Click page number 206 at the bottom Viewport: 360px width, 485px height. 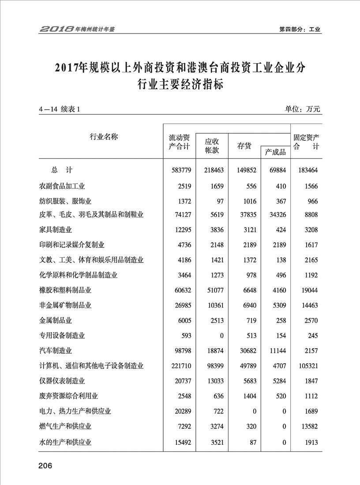[45, 466]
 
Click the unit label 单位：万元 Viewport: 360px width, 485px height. [303, 109]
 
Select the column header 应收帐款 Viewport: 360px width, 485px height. [212, 146]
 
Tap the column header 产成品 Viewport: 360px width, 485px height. [275, 152]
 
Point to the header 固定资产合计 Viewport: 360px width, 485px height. [306, 142]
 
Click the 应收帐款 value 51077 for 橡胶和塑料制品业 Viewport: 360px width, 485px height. [214, 290]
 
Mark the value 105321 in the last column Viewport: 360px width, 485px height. [306, 366]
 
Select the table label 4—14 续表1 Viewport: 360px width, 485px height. [58, 110]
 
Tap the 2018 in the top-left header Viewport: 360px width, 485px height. [56, 30]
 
